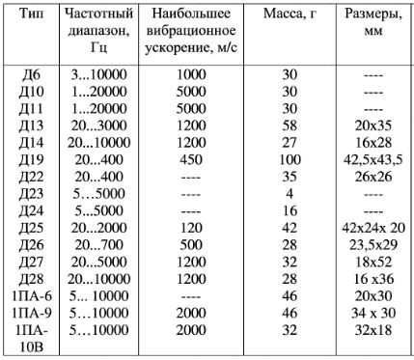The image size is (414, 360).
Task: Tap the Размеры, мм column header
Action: click(x=373, y=25)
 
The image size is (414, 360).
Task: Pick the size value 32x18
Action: click(x=373, y=329)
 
